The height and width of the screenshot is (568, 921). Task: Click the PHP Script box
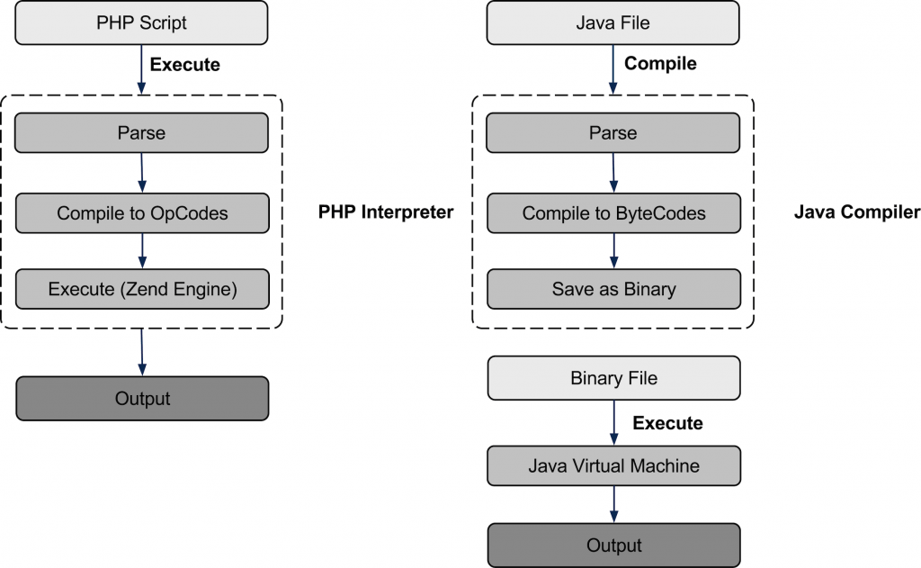142,23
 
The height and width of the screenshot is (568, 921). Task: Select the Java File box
613,23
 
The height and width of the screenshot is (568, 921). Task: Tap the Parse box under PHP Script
142,133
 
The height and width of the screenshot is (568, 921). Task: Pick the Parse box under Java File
613,133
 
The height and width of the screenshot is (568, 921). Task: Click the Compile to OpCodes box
142,213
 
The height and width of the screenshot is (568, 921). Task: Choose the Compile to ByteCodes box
613,213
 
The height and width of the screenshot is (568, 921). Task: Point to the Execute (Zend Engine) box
142,290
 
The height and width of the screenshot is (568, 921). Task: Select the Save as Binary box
613,290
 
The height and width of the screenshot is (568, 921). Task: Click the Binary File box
613,378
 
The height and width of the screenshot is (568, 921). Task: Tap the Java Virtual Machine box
613,466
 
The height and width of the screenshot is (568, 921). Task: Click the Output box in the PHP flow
142,398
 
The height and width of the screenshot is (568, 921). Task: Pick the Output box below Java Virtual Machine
613,545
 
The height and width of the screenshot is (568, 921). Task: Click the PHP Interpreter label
385,212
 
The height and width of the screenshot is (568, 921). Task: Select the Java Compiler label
857,212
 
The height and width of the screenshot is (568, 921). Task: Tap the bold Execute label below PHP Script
184,65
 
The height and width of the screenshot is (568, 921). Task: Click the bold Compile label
660,64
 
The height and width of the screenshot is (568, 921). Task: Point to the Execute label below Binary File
666,423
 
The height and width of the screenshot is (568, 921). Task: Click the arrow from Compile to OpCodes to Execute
142,251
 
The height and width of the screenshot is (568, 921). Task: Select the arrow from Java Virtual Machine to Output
613,505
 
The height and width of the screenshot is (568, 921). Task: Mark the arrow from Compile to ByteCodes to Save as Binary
613,251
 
